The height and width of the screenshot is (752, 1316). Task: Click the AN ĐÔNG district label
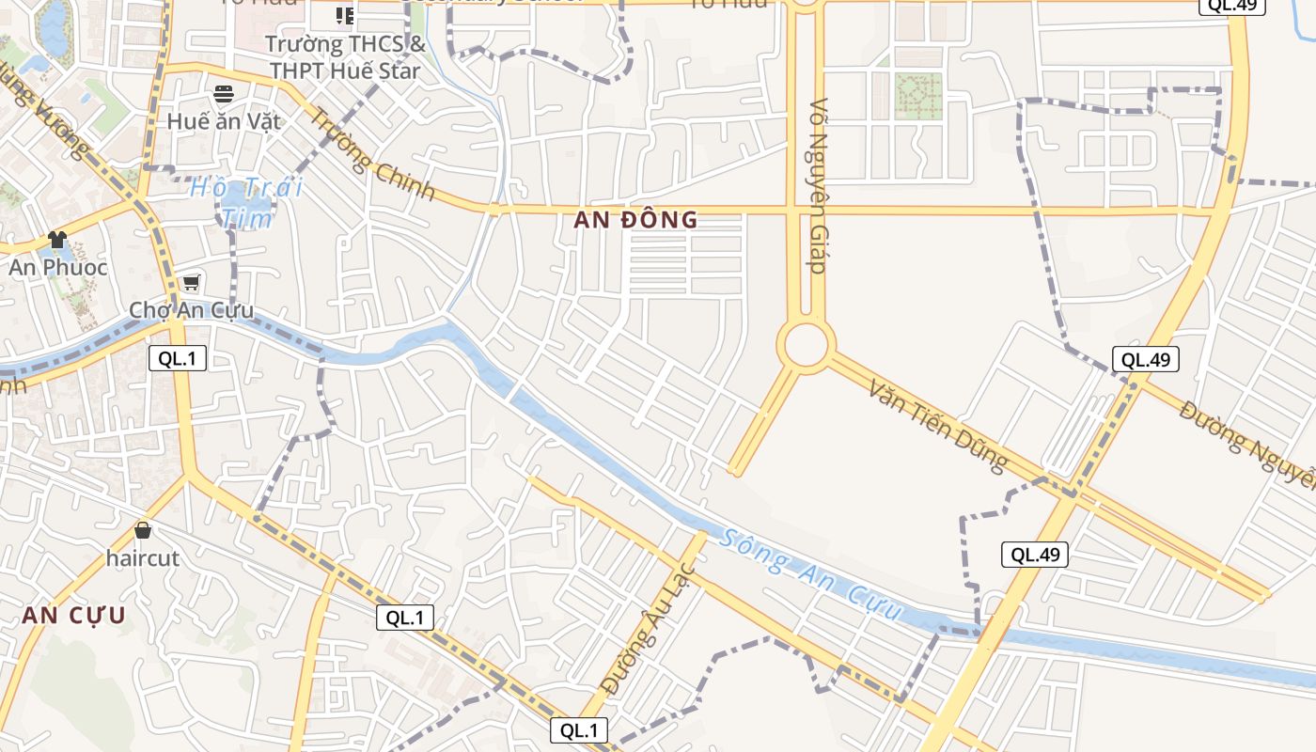(636, 220)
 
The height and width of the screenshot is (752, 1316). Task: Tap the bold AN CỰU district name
(73, 616)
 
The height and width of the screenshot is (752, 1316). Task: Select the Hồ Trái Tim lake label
(246, 202)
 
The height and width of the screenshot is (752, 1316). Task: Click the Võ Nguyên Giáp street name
(818, 186)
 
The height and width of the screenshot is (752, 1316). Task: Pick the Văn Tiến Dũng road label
(938, 426)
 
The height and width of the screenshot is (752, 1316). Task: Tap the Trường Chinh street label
(373, 154)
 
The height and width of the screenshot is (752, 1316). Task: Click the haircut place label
(142, 557)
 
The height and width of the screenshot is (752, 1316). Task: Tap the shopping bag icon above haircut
(143, 530)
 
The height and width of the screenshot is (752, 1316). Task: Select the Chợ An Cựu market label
(191, 310)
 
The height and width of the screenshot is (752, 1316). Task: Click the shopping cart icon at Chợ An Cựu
(192, 282)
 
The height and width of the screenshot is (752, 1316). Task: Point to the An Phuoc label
(58, 267)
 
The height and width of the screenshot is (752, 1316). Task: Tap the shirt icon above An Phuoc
(57, 239)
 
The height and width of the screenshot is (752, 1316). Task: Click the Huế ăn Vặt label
(223, 121)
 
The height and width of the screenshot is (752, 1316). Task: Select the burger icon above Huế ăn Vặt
(224, 93)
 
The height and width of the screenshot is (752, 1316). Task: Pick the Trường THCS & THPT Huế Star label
(346, 57)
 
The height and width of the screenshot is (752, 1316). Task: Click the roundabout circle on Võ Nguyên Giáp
(806, 344)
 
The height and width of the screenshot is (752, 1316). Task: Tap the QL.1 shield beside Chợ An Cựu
(178, 358)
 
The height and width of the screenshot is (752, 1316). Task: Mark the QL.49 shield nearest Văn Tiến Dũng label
(1146, 359)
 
